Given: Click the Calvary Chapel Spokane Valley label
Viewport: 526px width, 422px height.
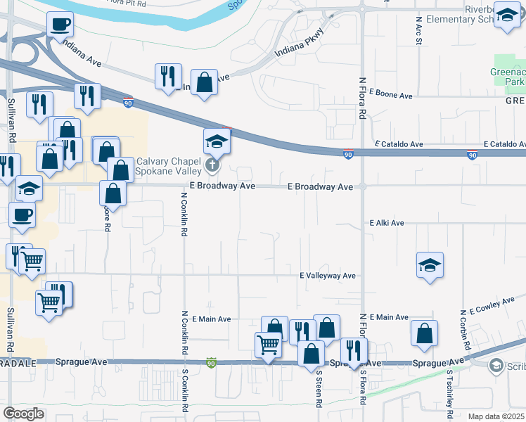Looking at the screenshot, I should point(168,166).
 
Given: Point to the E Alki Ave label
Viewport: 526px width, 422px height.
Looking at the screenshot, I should point(387,223).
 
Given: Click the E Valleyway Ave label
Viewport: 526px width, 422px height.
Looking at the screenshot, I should point(328,276).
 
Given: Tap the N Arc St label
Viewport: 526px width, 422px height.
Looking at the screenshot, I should point(419,32).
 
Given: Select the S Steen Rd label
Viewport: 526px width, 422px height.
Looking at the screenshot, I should point(319,389).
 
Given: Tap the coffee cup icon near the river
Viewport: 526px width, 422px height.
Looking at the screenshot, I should point(60,25).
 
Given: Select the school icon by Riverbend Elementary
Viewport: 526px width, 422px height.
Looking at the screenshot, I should point(506,15).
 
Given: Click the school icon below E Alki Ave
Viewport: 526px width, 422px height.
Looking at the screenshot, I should point(430,265).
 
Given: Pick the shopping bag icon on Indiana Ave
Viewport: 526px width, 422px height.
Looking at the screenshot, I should point(203,82).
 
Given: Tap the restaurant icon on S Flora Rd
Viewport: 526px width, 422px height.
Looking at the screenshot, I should point(354,350).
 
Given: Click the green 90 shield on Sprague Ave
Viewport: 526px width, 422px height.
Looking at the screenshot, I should point(212,362).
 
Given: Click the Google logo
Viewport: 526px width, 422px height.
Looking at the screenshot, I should point(24,414).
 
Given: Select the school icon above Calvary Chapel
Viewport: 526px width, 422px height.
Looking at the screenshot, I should point(217,142).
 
